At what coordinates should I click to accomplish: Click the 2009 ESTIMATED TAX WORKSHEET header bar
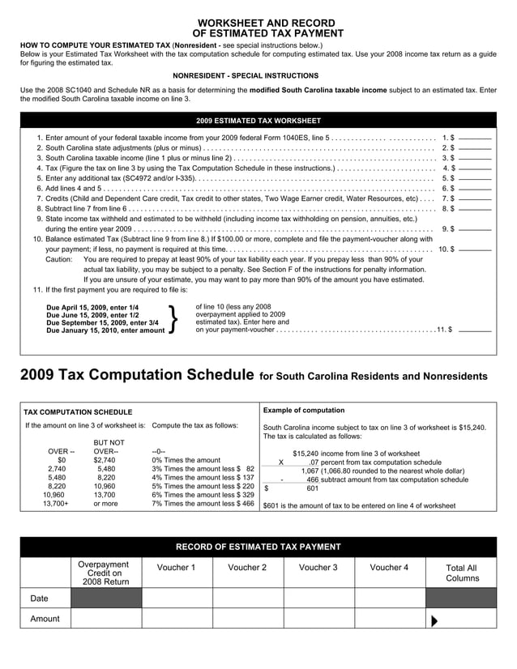[x=258, y=121]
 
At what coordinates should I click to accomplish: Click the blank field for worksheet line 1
[x=475, y=138]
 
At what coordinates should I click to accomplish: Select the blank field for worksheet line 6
[x=475, y=188]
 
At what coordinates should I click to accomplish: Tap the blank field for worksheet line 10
[x=475, y=249]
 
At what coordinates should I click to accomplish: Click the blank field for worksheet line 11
[x=475, y=330]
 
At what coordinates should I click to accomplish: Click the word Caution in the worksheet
[x=58, y=259]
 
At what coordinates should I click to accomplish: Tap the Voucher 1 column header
[x=177, y=567]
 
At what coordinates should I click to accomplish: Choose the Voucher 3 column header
[x=318, y=567]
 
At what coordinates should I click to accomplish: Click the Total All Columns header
[x=462, y=573]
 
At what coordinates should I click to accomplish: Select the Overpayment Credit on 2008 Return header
[x=106, y=573]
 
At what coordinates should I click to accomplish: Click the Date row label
[x=40, y=599]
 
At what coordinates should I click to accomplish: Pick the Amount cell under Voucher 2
[x=247, y=619]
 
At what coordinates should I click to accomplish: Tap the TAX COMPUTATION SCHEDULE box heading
[x=78, y=411]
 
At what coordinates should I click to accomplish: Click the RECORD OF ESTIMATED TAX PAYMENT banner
[x=258, y=546]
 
